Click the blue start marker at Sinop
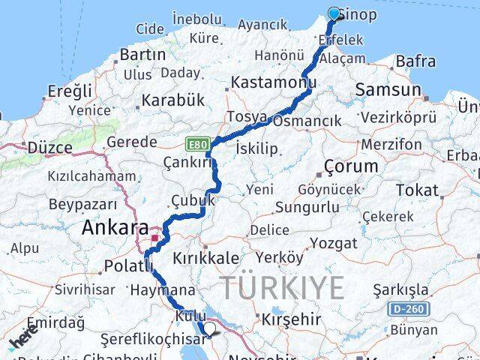334,13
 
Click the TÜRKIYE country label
283,287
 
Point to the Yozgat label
334,243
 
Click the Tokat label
416,190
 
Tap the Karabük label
173,100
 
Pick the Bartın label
142,55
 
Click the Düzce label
50,147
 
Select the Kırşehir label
290,319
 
